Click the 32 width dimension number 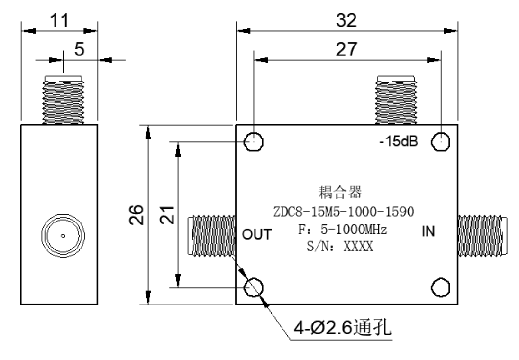[x=346, y=20]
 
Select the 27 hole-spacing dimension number [x=346, y=49]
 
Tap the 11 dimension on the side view [x=59, y=20]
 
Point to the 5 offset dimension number [x=80, y=49]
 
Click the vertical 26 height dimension [x=137, y=215]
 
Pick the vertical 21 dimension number [x=167, y=215]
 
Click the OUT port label [x=256, y=234]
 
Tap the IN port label [x=428, y=231]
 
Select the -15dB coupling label [x=399, y=141]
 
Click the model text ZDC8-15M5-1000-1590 [x=344, y=212]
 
